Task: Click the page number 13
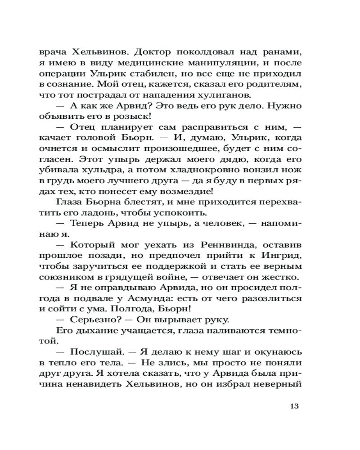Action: (295, 406)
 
